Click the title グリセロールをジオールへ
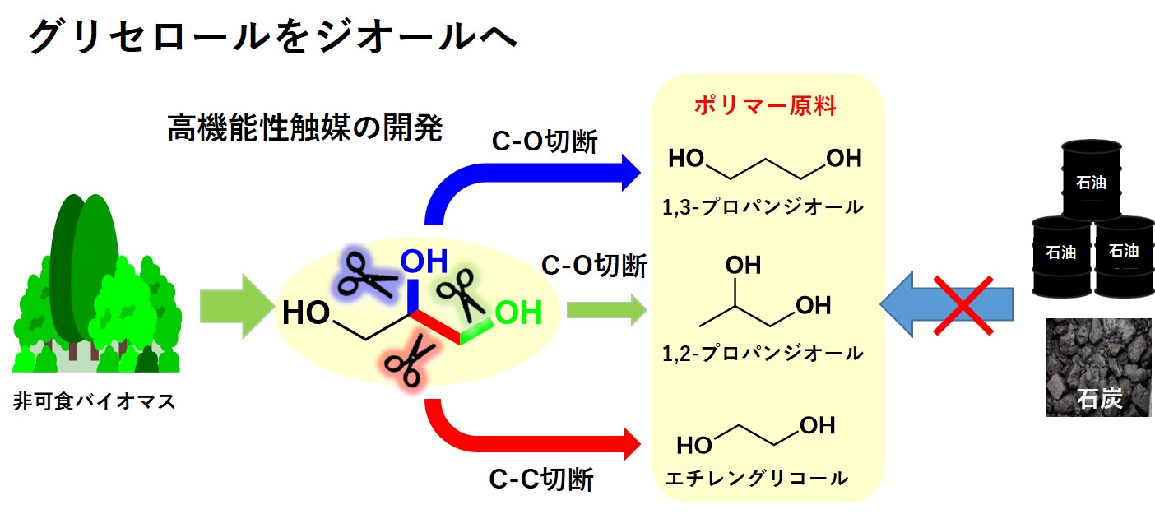click(x=272, y=39)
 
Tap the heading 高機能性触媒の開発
click(x=305, y=128)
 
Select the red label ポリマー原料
click(x=764, y=107)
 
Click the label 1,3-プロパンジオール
click(x=763, y=207)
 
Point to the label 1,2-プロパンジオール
click(x=763, y=354)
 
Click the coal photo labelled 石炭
click(x=1097, y=367)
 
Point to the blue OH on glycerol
click(x=424, y=262)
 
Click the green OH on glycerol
click(x=518, y=313)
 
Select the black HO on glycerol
click(x=307, y=314)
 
